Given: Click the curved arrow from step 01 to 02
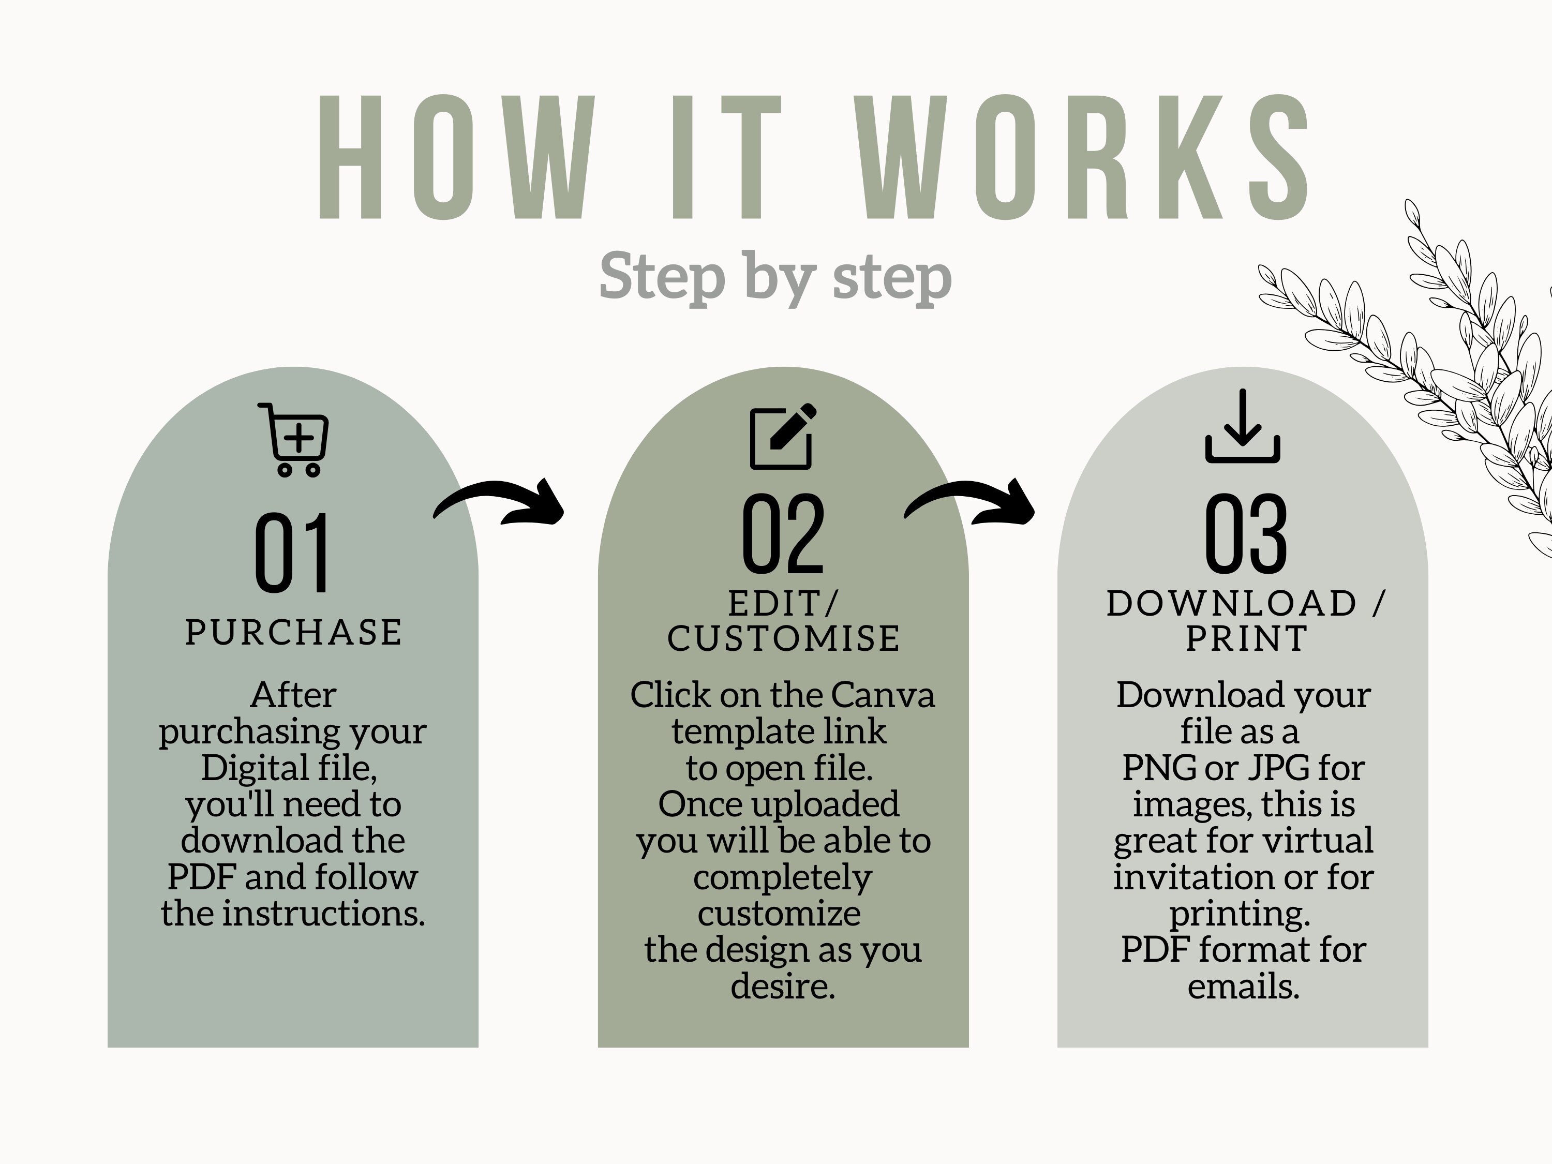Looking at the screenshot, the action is tap(500, 500).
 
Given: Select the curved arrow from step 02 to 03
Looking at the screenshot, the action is tap(969, 500).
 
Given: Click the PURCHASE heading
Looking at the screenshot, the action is tap(293, 632).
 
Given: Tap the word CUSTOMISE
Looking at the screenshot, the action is tap(783, 638).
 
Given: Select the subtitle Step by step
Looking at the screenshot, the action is tap(775, 278).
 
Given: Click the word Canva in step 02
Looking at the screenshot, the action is tap(883, 695).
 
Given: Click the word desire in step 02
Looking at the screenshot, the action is tap(782, 987).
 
